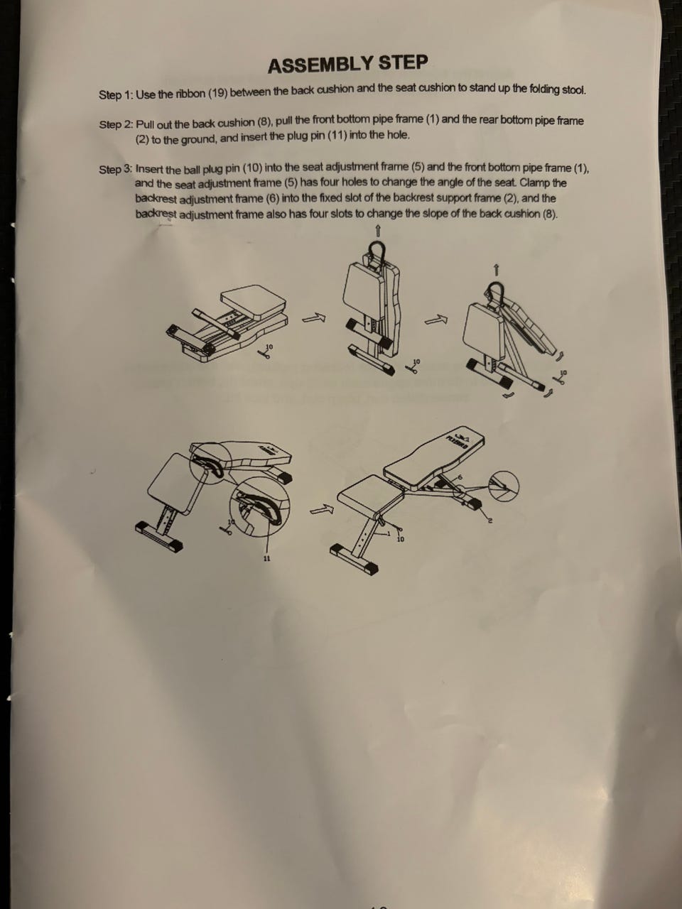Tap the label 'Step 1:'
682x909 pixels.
tap(116, 95)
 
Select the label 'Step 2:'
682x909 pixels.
tap(116, 124)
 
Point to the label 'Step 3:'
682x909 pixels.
tap(116, 170)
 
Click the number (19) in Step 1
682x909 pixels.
tap(217, 93)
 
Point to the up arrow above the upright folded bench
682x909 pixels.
tap(378, 231)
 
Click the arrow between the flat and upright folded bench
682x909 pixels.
tap(313, 317)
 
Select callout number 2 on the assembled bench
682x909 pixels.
tap(490, 521)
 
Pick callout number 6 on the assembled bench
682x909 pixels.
tap(459, 477)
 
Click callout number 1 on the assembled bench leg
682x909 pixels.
tap(389, 533)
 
